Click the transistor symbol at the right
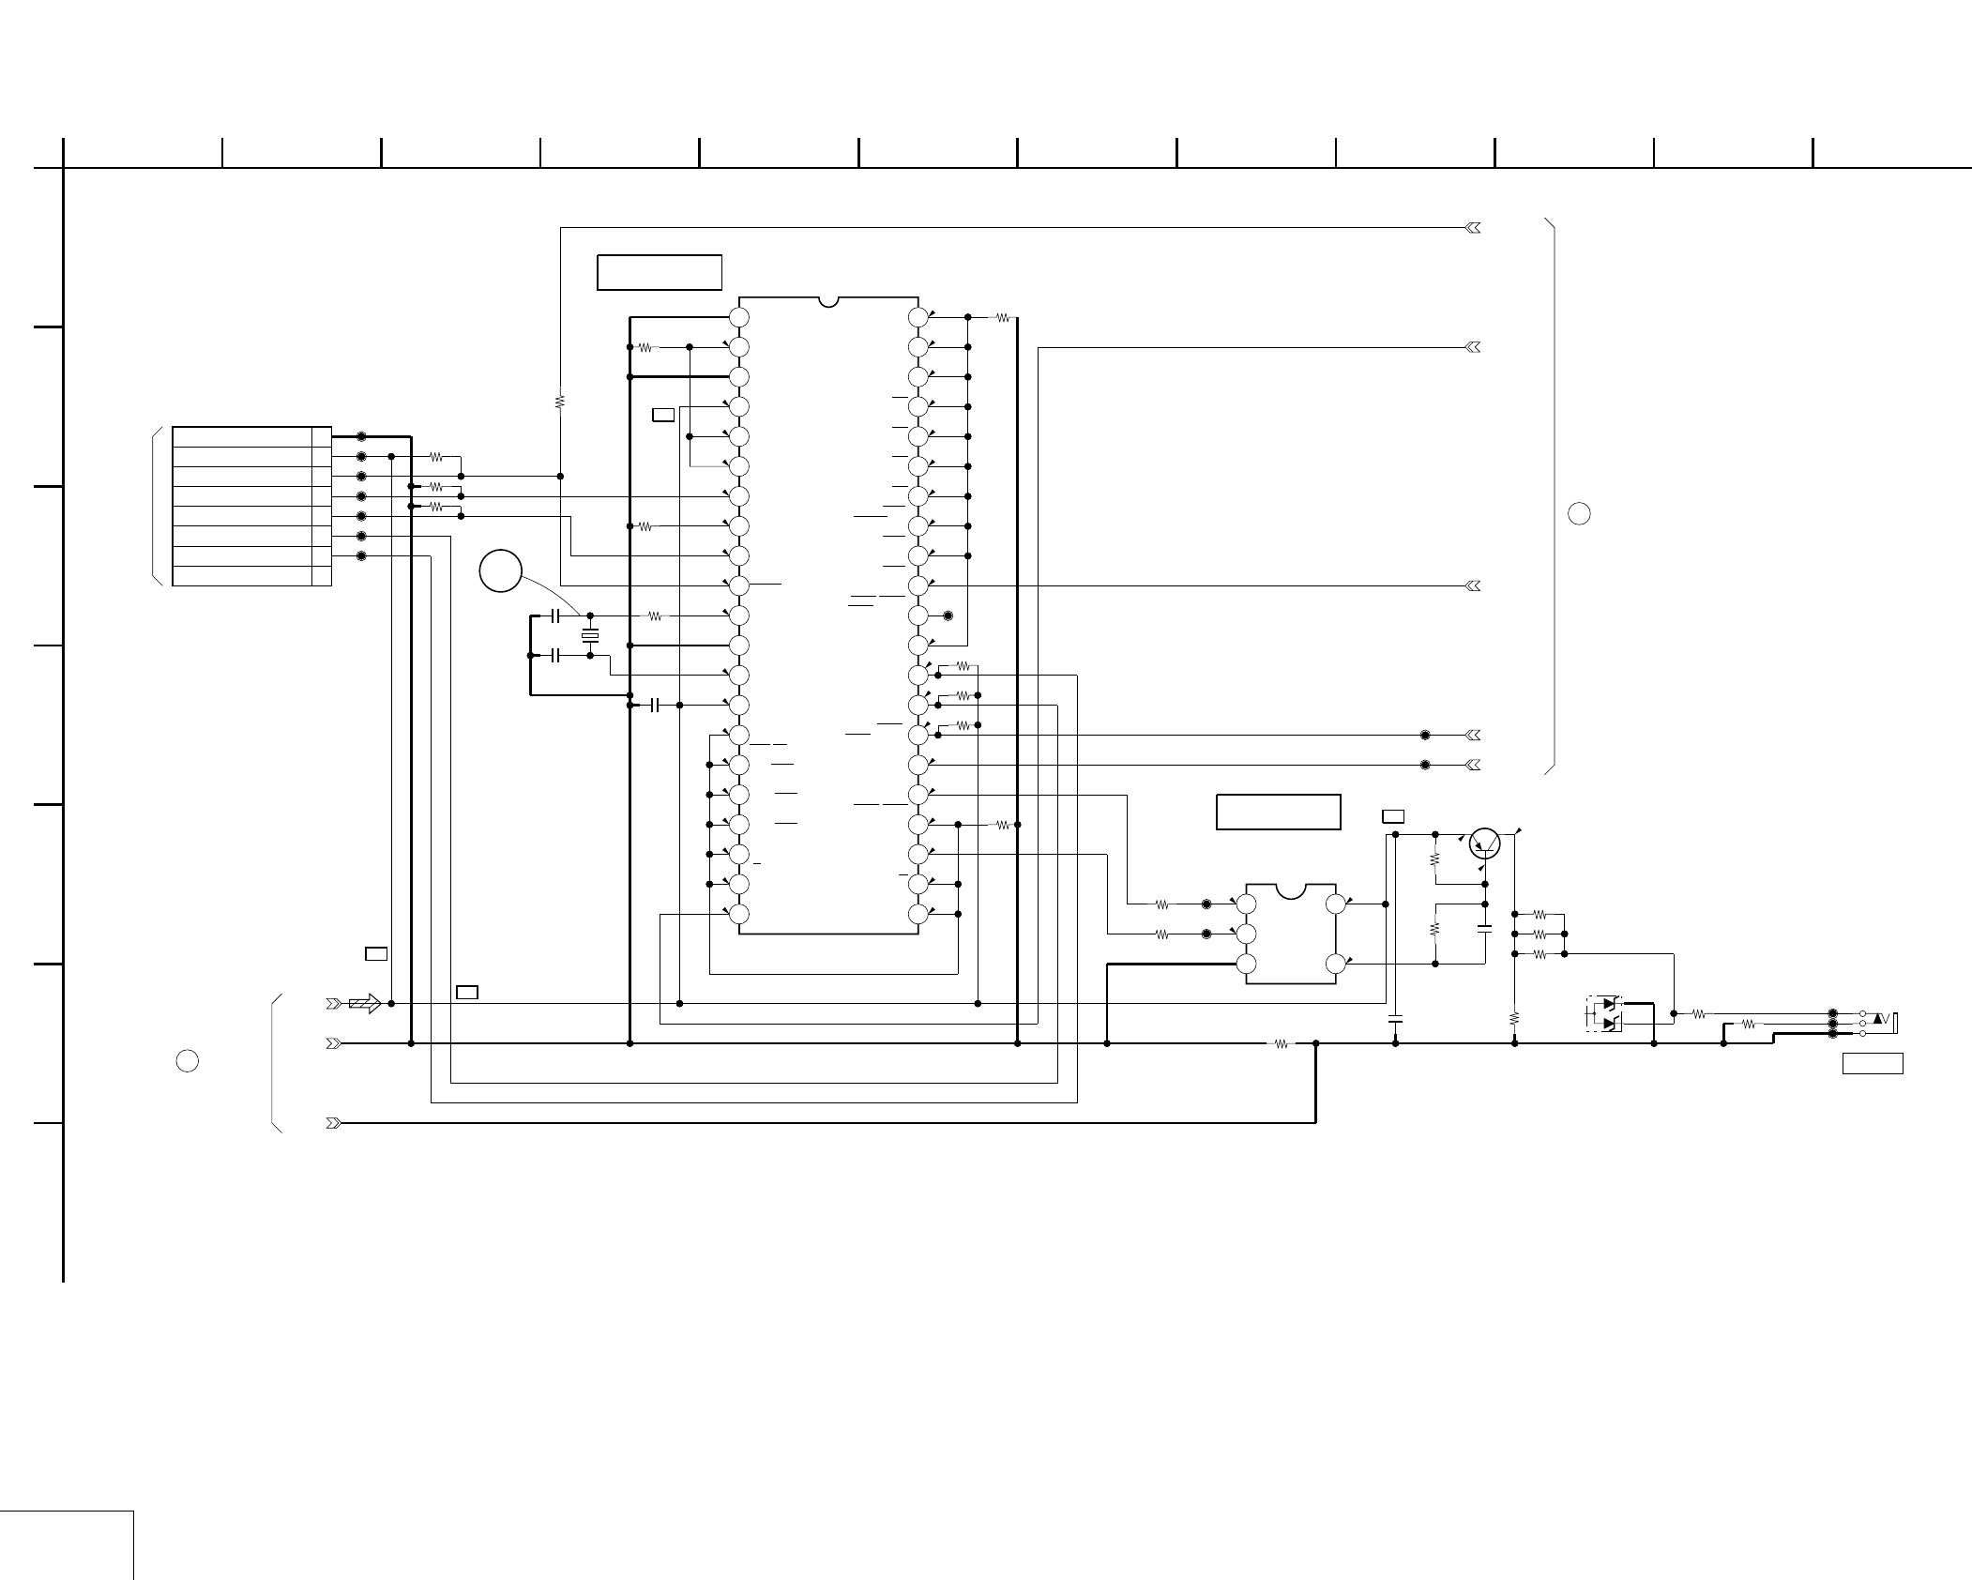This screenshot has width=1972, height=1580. tap(1485, 843)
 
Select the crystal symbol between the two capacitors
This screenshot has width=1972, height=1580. tap(590, 636)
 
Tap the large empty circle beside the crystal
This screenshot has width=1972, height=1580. tap(501, 570)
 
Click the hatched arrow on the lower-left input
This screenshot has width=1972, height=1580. tap(364, 1003)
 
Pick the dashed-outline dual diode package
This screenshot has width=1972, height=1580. tap(1605, 1014)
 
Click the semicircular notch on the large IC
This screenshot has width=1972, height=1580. tap(828, 301)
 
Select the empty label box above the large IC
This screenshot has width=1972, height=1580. tap(660, 272)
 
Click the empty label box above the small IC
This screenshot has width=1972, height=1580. tap(1278, 812)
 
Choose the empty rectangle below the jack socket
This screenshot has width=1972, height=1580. tap(1873, 1063)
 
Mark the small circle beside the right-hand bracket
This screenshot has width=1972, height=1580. tap(1579, 513)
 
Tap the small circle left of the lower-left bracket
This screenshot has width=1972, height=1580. tap(188, 1061)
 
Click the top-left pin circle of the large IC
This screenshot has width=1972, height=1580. tap(739, 317)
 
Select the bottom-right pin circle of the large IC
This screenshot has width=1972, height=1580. tap(918, 914)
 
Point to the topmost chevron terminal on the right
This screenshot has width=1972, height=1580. tap(1473, 228)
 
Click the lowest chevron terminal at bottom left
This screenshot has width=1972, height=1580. tap(333, 1123)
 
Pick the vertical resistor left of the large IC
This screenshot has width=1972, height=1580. tap(560, 402)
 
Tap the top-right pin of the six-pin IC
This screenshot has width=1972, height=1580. tap(1335, 904)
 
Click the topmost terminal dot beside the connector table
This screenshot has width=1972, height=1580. tap(361, 436)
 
